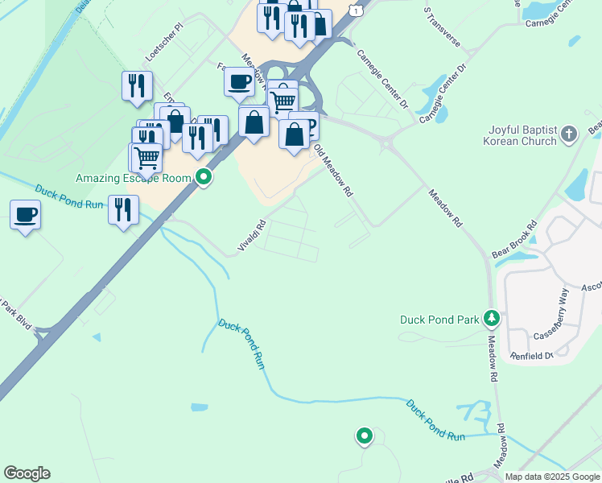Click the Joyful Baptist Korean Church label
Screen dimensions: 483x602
(x=522, y=135)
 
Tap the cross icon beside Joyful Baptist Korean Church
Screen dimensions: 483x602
(x=569, y=134)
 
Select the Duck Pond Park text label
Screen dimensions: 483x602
(x=440, y=320)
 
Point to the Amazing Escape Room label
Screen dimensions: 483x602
(x=134, y=178)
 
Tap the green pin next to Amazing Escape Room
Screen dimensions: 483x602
(x=204, y=177)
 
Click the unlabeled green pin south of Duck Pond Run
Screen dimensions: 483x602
(x=365, y=436)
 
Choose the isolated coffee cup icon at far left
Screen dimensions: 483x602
(x=25, y=215)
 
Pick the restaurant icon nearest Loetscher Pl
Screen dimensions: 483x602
(x=137, y=85)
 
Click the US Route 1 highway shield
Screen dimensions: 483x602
(x=354, y=7)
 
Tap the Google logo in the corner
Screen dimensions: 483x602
(x=27, y=473)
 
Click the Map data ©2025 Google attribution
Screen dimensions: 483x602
(x=552, y=477)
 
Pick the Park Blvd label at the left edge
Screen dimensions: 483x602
(x=15, y=315)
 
